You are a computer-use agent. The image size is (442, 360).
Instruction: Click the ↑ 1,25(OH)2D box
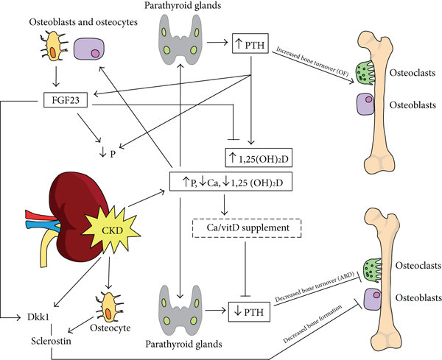tap(262, 156)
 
